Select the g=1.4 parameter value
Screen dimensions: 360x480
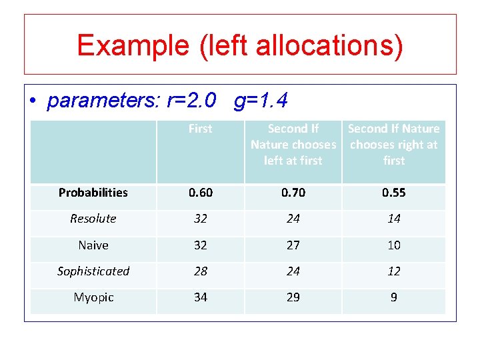(261, 101)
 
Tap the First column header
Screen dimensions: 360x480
(200, 129)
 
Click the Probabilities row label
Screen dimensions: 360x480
(93, 193)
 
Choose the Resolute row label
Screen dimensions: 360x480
(93, 219)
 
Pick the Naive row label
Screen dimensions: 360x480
(93, 245)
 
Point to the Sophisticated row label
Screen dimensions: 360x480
(93, 271)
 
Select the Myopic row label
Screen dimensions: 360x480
(93, 297)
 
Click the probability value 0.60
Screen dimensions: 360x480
(200, 193)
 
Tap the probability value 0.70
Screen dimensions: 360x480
(293, 193)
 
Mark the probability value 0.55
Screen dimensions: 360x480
(393, 193)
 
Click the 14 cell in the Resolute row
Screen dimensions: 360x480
(393, 219)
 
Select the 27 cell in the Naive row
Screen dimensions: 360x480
(293, 245)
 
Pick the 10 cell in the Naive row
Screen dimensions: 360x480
(393, 245)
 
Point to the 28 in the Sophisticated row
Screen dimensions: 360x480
(200, 271)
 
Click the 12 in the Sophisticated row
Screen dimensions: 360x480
(393, 271)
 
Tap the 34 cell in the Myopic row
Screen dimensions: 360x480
(200, 297)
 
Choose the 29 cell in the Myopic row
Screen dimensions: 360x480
(293, 297)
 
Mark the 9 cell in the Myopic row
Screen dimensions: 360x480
(393, 297)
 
